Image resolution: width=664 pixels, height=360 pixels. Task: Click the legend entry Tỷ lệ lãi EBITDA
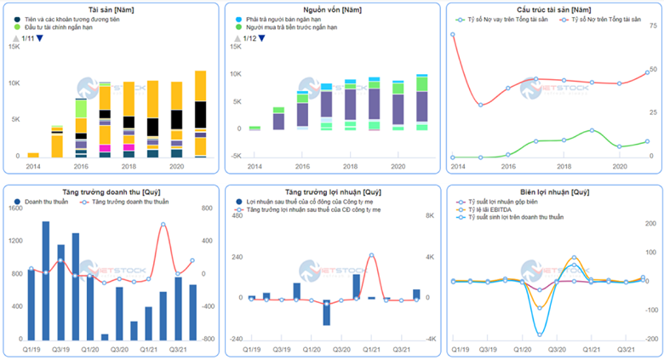(x=494, y=210)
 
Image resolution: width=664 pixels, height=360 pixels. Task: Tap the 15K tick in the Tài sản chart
(x=12, y=46)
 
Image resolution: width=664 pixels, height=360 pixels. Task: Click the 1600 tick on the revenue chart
(x=13, y=208)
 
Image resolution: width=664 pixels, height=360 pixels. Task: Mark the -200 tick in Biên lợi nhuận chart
(x=652, y=339)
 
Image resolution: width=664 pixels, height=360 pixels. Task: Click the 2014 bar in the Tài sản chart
(x=33, y=155)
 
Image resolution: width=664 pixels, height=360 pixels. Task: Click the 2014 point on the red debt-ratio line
(x=453, y=35)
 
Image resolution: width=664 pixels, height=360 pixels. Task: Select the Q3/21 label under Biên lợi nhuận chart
(x=627, y=350)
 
